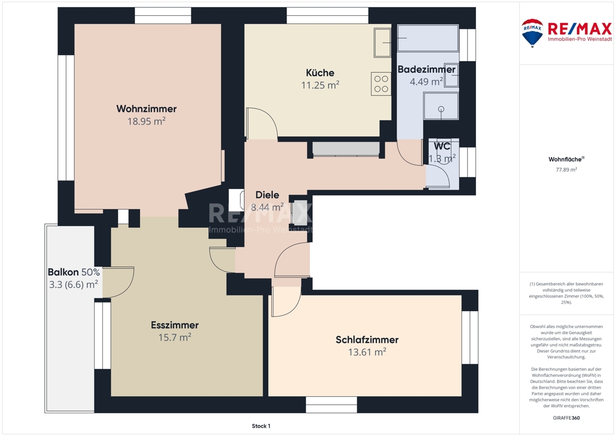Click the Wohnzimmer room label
(x=146, y=108)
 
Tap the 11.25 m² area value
(x=320, y=85)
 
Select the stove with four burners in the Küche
(x=381, y=84)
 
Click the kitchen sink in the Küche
(x=382, y=43)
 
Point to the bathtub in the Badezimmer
(x=428, y=38)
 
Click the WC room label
(x=442, y=146)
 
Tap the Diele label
(x=267, y=195)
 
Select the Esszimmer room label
(x=175, y=325)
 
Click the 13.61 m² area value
(x=367, y=352)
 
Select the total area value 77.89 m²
(x=566, y=170)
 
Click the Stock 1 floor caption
(x=261, y=426)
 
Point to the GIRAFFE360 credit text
(x=566, y=418)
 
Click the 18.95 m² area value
(x=146, y=121)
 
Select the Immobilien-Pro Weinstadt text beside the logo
(x=580, y=39)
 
